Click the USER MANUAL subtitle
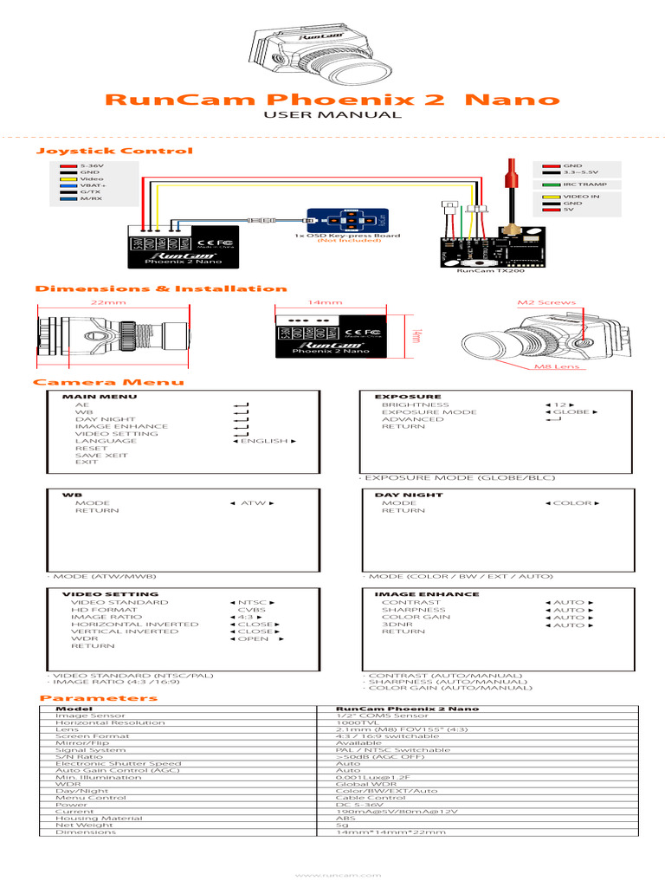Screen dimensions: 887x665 (x=332, y=114)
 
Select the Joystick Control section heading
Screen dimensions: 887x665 (x=113, y=151)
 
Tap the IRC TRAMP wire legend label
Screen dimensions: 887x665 (x=585, y=185)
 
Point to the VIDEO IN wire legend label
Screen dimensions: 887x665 (x=581, y=197)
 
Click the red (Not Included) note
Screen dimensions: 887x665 (x=349, y=240)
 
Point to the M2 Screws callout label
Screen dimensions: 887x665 (x=540, y=303)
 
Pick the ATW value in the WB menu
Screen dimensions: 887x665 (x=252, y=503)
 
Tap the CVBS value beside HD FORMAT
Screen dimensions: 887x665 (x=252, y=610)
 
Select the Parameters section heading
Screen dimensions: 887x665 (x=99, y=697)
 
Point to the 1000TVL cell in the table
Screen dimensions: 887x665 (x=355, y=722)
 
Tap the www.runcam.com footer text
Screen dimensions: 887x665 (x=332, y=876)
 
